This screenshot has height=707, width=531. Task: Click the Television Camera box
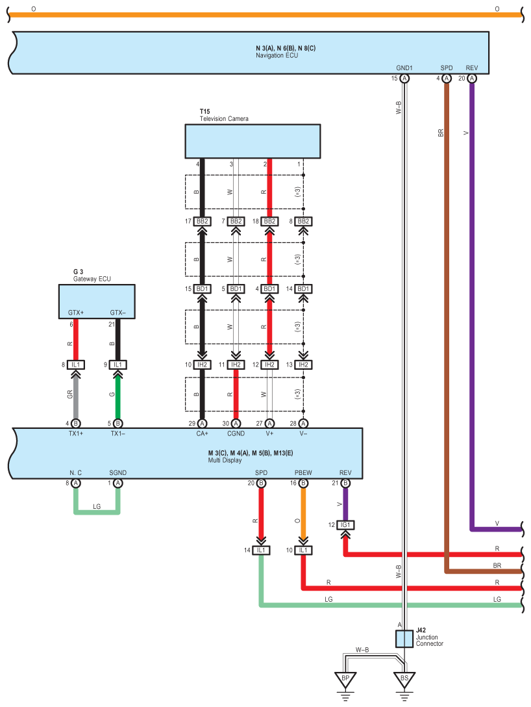coord(253,141)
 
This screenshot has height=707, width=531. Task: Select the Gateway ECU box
coord(97,301)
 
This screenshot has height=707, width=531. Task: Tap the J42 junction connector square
coord(404,639)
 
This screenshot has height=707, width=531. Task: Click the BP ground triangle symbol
coord(345,680)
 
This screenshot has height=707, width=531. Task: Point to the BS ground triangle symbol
coord(404,680)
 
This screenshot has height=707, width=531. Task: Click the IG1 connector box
coord(345,524)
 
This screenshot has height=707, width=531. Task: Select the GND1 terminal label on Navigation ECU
coord(404,68)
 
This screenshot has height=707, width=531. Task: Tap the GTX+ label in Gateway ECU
coord(76,313)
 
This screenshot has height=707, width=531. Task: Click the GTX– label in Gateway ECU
coord(117,313)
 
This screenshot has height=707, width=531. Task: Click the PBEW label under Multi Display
coord(303,473)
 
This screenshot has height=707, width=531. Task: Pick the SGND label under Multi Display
coord(117,473)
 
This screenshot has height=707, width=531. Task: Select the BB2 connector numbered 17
coord(202,222)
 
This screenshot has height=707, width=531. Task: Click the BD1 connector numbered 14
coord(303,289)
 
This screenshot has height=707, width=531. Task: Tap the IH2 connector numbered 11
coord(236,365)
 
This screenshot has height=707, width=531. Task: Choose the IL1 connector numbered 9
coord(117,365)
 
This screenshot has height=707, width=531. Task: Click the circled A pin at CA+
coord(202,423)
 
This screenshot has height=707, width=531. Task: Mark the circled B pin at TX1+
coord(76,423)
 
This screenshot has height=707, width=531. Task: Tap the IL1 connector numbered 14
coord(261,550)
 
